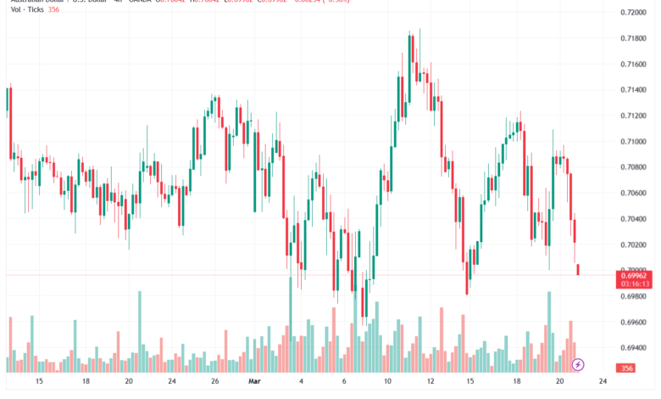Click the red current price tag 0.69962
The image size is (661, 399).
coord(634,276)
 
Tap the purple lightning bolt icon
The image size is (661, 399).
coord(578,364)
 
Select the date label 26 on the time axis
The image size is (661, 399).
coord(215,382)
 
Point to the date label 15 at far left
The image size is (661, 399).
coord(39,382)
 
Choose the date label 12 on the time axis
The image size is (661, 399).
coord(430,382)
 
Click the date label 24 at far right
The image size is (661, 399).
coord(602,382)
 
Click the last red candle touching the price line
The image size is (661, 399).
coord(578,269)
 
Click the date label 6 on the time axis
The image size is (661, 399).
coord(344,382)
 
